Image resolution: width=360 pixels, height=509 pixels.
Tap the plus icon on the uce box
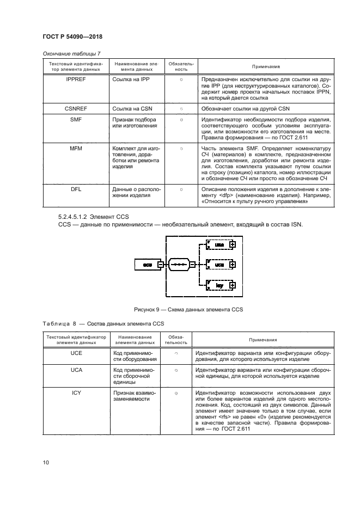pyautogui.click(x=233, y=245)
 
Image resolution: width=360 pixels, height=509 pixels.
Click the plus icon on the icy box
pyautogui.click(x=233, y=285)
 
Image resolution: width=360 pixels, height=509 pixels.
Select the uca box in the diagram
pyautogui.click(x=219, y=265)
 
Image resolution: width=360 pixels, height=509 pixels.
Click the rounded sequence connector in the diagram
pyautogui.click(x=181, y=265)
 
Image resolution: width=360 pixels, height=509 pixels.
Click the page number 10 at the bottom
pyautogui.click(x=47, y=463)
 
